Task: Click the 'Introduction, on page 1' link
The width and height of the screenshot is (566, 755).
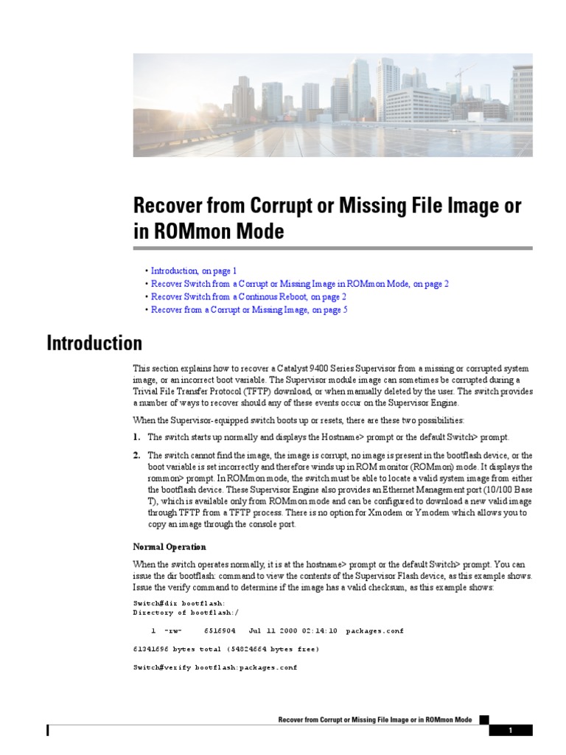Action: point(194,271)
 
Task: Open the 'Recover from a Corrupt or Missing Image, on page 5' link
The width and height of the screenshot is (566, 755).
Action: point(249,310)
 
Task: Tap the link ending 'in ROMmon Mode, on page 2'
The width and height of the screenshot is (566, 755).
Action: point(299,283)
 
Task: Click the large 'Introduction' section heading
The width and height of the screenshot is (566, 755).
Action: point(94,344)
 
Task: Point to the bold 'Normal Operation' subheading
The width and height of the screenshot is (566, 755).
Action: point(170,546)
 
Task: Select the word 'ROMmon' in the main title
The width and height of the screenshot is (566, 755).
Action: point(186,232)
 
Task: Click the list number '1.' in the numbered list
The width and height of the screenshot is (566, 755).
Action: point(137,437)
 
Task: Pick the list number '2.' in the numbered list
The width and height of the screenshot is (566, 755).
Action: point(137,456)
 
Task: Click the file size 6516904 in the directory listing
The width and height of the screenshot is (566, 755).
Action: point(220,631)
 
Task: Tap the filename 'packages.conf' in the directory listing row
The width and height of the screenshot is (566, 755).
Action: point(374,631)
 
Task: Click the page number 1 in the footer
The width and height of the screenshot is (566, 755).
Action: point(510,731)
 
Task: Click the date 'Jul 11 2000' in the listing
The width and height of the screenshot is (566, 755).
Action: point(273,631)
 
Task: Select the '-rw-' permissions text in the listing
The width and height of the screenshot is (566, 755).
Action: point(172,631)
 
